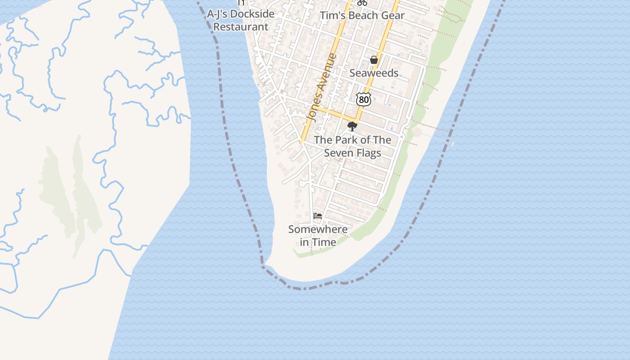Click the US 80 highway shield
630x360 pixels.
tap(364, 99)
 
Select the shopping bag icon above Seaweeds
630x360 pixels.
tap(373, 60)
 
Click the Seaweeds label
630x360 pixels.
tap(374, 73)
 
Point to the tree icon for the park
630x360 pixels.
tap(352, 126)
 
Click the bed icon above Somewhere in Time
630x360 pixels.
tap(318, 216)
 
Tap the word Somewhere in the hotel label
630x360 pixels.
tap(318, 229)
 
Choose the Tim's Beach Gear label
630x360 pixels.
tap(362, 15)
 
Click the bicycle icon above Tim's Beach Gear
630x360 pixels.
tap(362, 3)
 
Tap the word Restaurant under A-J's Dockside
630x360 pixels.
tap(241, 27)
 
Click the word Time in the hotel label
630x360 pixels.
tap(324, 242)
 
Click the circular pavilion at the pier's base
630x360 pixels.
tap(417, 133)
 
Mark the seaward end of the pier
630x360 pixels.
tap(452, 143)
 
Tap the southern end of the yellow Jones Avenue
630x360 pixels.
tap(301, 142)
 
